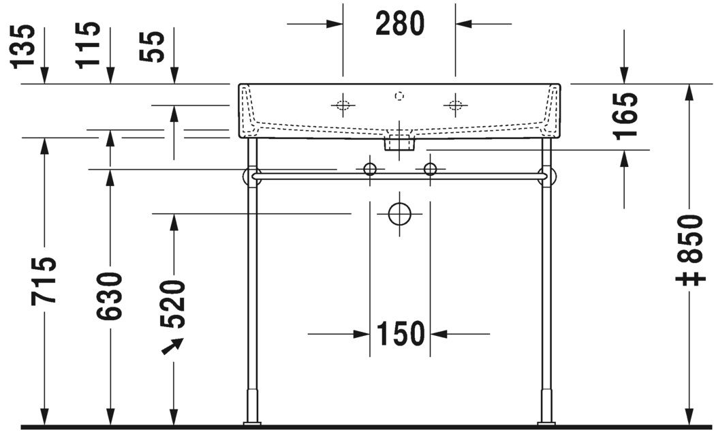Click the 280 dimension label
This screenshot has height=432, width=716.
pyautogui.click(x=400, y=24)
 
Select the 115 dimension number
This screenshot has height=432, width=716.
pyautogui.click(x=89, y=44)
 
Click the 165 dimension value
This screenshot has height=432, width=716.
pyautogui.click(x=625, y=115)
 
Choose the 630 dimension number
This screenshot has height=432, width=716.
pyautogui.click(x=109, y=296)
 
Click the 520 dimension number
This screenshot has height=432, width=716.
pyautogui.click(x=174, y=303)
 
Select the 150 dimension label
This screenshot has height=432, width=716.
pyautogui.click(x=400, y=334)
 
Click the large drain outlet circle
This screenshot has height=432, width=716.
pyautogui.click(x=400, y=214)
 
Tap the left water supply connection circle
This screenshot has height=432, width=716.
pyautogui.click(x=370, y=168)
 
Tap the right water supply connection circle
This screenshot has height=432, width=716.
pyautogui.click(x=430, y=168)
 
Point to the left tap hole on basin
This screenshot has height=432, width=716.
pyautogui.click(x=343, y=105)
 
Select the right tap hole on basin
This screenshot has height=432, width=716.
pyautogui.click(x=455, y=105)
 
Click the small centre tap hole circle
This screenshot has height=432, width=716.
pyautogui.click(x=399, y=96)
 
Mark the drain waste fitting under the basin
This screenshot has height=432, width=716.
pyautogui.click(x=399, y=143)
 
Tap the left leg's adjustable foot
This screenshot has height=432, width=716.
pyautogui.click(x=252, y=407)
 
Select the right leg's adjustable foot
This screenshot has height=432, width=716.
pyautogui.click(x=546, y=407)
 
